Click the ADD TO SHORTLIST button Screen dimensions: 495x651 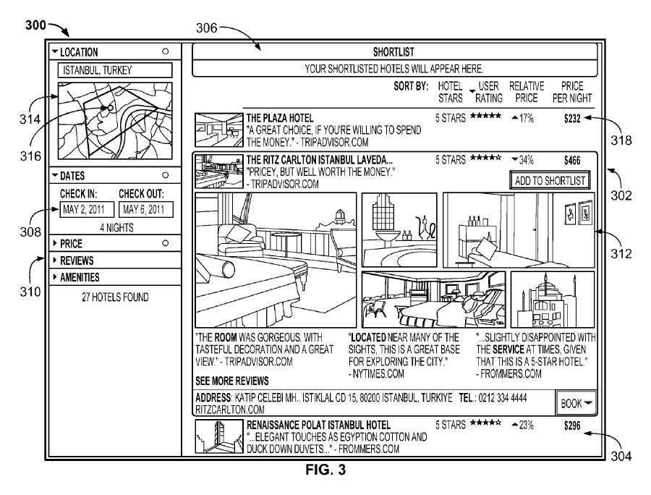[550, 180]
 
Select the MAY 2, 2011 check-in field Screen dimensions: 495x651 [83, 211]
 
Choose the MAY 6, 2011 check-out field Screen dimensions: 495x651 [143, 211]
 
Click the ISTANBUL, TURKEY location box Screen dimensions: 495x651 [114, 70]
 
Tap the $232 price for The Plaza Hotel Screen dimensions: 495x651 [572, 117]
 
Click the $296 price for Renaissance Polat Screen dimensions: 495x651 [572, 426]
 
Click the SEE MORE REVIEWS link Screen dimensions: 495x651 [231, 381]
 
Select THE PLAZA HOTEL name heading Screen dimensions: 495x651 [280, 117]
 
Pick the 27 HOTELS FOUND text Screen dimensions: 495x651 [114, 295]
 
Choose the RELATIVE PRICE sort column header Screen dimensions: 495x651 [527, 92]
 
